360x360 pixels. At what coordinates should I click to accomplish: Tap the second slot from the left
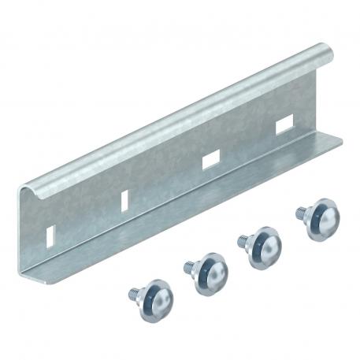tap(125, 200)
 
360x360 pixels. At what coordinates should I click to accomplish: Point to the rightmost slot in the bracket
tap(284, 123)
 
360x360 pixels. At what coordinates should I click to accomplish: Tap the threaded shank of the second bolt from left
tap(189, 267)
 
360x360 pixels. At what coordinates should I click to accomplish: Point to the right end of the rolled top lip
tap(328, 54)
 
